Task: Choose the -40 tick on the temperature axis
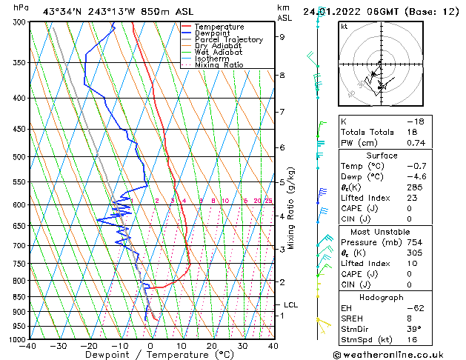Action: pyautogui.click(x=28, y=346)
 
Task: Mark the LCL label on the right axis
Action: pyautogui.click(x=291, y=304)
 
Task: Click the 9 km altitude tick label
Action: pyautogui.click(x=282, y=36)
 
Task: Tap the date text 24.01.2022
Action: pyautogui.click(x=348, y=11)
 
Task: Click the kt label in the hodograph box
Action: pyautogui.click(x=344, y=27)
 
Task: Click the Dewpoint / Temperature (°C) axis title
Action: pyautogui.click(x=150, y=355)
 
